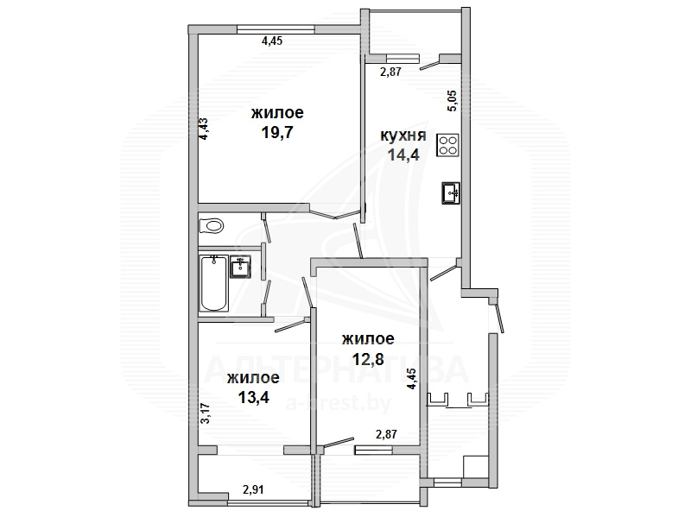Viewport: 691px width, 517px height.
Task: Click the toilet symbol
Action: [212, 226]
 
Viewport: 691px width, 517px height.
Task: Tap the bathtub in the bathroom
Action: [213, 283]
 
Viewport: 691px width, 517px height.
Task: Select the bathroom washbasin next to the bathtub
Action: [240, 267]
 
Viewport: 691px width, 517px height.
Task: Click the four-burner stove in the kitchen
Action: [447, 145]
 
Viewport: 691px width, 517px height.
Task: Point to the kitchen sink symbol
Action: [451, 192]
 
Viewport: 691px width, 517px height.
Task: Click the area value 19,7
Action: [277, 132]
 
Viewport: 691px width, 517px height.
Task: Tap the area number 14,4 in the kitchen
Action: [403, 154]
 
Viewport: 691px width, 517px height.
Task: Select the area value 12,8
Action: [368, 359]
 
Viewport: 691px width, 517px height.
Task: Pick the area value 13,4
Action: [253, 398]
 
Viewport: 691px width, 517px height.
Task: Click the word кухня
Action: [403, 136]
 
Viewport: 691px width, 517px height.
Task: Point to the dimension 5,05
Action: [453, 101]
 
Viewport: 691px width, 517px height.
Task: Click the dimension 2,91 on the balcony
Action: [253, 489]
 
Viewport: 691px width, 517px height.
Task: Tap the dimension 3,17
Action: [205, 414]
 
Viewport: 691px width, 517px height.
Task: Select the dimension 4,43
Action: [204, 129]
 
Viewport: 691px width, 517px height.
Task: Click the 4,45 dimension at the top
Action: [272, 41]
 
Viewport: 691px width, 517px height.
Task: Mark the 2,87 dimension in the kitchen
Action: [391, 72]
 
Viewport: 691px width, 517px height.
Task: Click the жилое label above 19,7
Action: [277, 113]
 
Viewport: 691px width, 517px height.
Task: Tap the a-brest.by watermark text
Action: [339, 403]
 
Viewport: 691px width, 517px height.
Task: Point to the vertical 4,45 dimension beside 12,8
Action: [412, 379]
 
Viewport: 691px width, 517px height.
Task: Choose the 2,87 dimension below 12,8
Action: [386, 434]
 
